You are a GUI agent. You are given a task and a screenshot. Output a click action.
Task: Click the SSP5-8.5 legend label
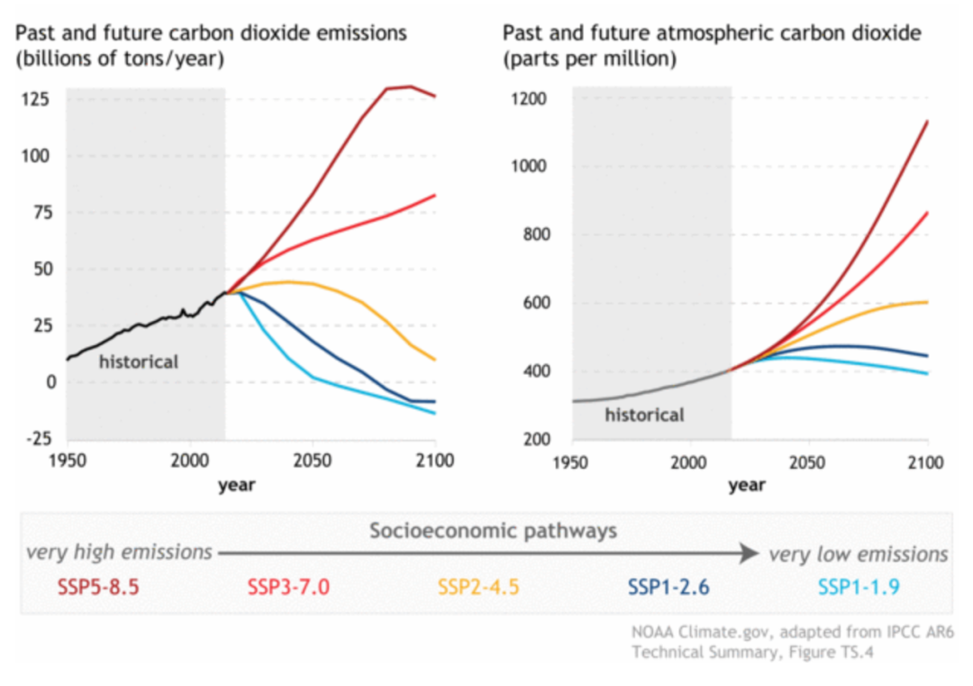point(98,587)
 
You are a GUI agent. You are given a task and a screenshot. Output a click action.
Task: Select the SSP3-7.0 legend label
point(288,587)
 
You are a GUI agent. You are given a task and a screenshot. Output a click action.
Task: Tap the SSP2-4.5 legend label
point(478,587)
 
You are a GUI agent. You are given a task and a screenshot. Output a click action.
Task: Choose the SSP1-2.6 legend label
point(668,587)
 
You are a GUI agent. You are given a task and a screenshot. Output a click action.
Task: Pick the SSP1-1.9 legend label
point(859,587)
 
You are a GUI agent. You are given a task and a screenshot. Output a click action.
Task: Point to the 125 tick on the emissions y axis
point(35,99)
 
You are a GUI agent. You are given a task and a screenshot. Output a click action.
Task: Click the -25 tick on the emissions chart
point(39,439)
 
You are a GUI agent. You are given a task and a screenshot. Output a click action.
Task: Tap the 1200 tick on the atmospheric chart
point(529,99)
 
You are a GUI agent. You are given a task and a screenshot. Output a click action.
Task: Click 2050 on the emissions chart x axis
point(312,462)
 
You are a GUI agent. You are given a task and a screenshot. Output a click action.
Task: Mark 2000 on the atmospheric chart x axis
point(688,463)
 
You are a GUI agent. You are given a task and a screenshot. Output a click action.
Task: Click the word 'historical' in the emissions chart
point(139,362)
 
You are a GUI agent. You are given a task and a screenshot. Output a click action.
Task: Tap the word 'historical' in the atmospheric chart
point(645,415)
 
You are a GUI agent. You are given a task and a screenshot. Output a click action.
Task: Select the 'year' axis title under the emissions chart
point(236,485)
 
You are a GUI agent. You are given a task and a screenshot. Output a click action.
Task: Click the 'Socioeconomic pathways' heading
point(494,531)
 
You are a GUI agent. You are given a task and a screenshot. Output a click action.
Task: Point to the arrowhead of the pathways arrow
point(750,553)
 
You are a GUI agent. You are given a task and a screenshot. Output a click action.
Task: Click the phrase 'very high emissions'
point(119,552)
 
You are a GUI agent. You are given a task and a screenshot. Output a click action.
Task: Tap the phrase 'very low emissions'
point(859,553)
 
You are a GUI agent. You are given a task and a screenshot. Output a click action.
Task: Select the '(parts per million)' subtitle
point(589,59)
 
